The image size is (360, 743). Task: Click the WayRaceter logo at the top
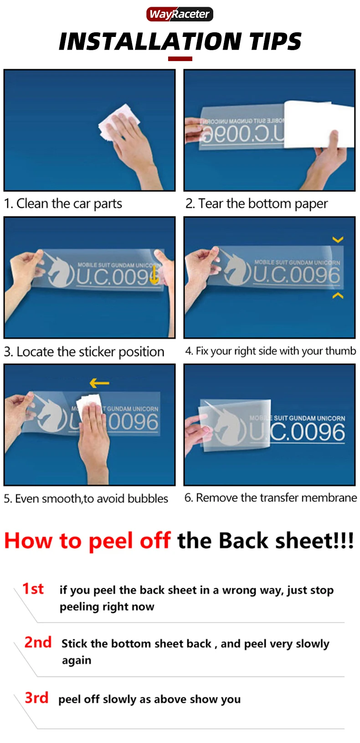pos(180,14)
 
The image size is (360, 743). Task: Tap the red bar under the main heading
pos(180,59)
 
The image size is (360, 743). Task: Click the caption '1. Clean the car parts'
pos(63,203)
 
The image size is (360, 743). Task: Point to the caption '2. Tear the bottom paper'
pos(257,203)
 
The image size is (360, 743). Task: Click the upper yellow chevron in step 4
pos(338,239)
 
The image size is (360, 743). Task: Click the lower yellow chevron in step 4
pos(338,295)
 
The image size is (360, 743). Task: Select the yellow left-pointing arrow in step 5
pos(99,383)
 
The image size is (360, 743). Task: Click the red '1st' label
pos(33,589)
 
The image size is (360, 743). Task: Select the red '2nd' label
pos(38,642)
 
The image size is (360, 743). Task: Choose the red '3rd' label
pos(36,697)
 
